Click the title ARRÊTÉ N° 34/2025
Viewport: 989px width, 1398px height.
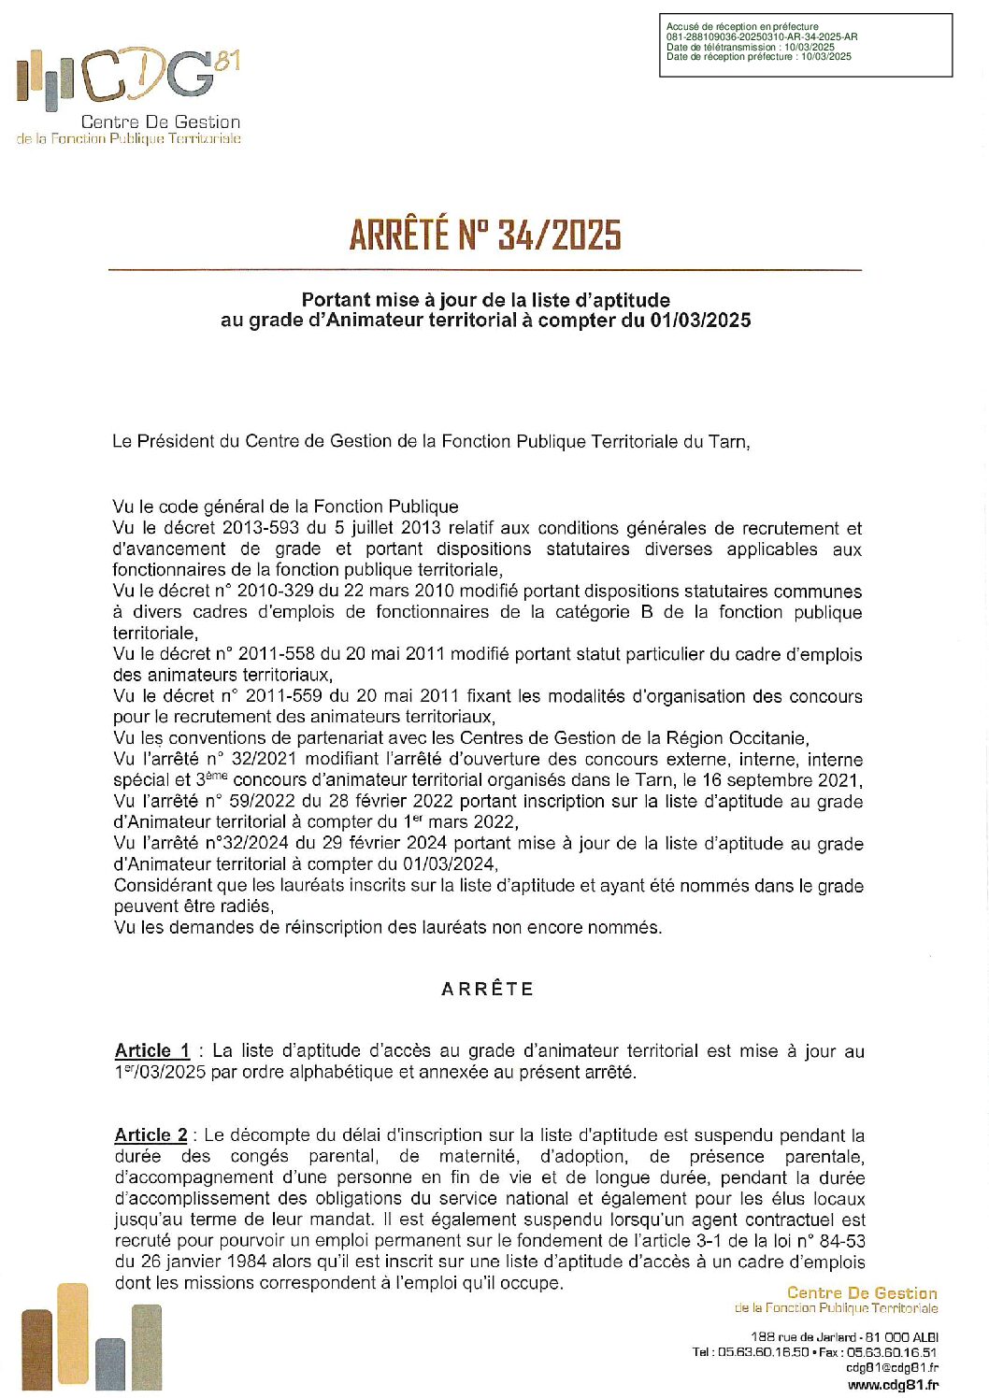(484, 235)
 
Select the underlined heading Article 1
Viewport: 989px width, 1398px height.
(151, 1050)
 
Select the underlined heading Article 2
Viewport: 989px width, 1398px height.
(150, 1134)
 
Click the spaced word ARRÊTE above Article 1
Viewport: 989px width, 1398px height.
(487, 989)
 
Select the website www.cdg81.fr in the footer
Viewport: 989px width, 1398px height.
(893, 1385)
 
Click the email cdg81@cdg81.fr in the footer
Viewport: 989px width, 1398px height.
(892, 1368)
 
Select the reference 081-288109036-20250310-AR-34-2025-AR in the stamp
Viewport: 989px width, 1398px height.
(762, 37)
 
